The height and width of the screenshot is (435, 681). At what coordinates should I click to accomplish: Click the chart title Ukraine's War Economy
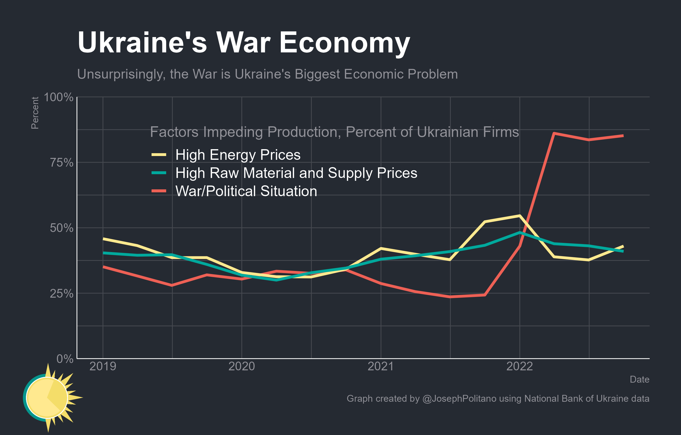pos(244,42)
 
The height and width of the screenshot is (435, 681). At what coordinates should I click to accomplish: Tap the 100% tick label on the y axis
pos(59,97)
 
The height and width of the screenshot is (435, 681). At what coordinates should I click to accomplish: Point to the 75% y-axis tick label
pos(61,163)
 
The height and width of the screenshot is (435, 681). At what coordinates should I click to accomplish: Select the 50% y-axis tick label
pos(61,228)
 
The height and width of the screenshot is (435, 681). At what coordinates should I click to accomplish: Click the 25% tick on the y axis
pos(61,294)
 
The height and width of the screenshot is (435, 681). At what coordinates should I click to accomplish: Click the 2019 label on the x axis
pos(103,367)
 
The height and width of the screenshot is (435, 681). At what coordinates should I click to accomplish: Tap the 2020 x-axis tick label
pos(242,367)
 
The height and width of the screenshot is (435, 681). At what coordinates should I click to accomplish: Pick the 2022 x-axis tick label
pos(520,367)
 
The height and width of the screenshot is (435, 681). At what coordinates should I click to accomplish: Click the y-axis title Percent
pos(35,113)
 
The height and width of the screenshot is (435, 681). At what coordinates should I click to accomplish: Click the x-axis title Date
pos(639,379)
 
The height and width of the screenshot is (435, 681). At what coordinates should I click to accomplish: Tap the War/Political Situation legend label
pos(246,191)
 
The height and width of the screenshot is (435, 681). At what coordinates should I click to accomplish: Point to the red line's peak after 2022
pos(554,133)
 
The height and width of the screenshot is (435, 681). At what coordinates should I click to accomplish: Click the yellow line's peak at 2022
pos(520,216)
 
